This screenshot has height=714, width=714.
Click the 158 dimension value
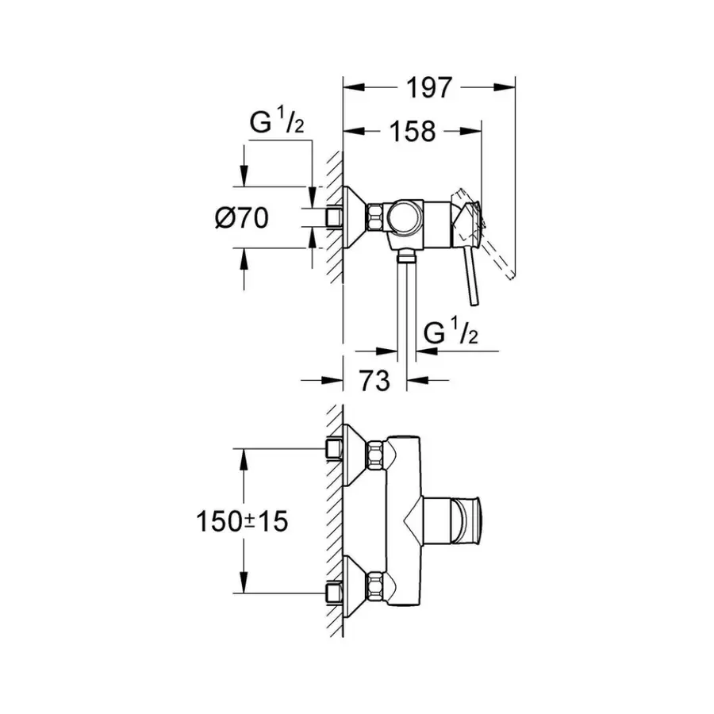point(412,131)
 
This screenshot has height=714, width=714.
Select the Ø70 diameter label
point(240,217)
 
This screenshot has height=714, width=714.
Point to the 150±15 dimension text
point(241,521)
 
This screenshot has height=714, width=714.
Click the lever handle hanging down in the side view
point(470,278)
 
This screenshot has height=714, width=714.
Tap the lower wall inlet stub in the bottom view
point(334,590)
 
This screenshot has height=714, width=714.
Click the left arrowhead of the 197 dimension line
point(349,88)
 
